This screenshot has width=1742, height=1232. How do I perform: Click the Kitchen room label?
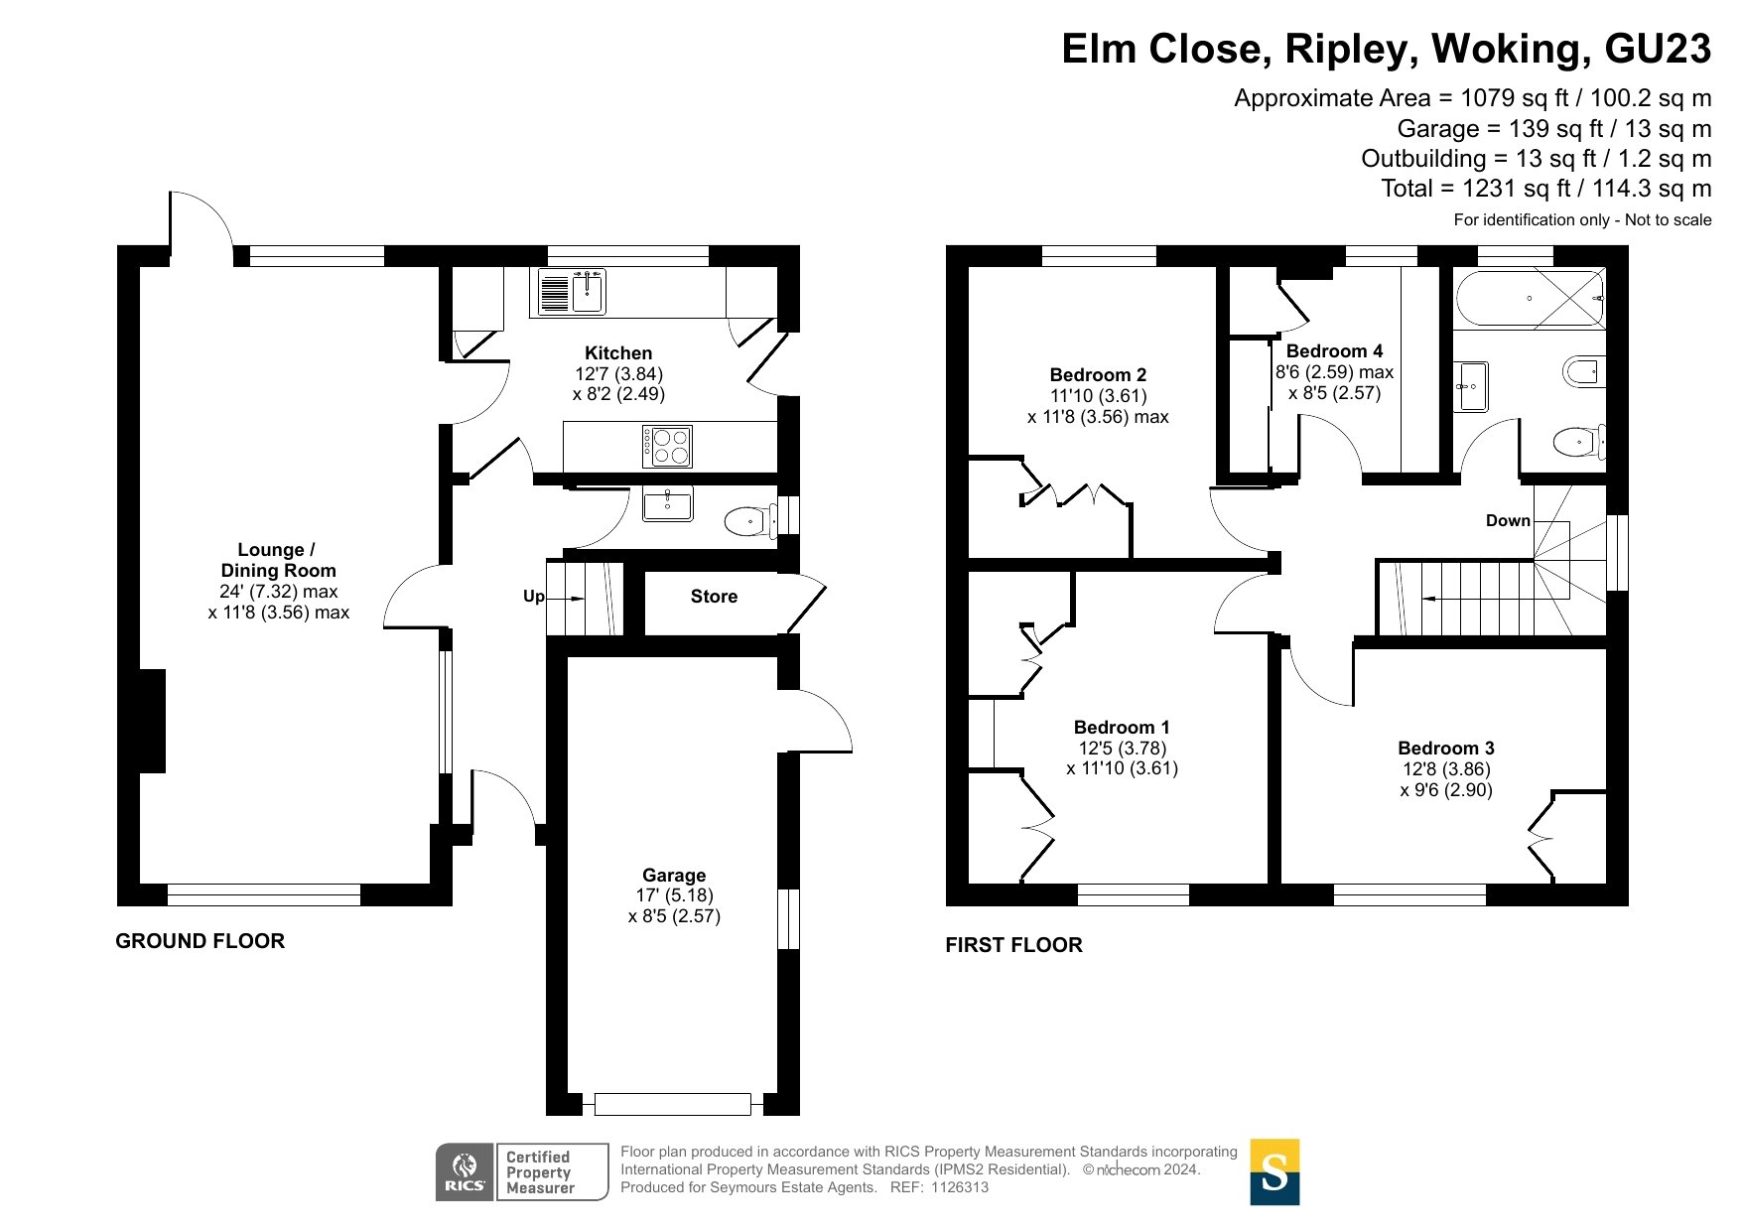pos(618,353)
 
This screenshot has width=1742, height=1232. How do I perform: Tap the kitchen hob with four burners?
pos(667,447)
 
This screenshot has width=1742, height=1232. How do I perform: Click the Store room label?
pos(714,597)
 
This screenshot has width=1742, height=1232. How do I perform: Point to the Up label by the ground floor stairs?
pos(533,597)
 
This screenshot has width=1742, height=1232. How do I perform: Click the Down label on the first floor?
pos(1507,520)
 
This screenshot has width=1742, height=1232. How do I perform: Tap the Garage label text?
pos(674,876)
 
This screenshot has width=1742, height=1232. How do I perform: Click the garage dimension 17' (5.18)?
pos(674,895)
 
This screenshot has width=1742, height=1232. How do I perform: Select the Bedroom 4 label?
pos(1334,351)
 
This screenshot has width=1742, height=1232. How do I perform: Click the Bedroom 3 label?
pos(1445,749)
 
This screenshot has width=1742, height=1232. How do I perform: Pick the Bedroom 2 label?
pos(1098,375)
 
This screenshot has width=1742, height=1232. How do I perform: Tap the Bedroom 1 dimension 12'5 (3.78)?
pos(1122,749)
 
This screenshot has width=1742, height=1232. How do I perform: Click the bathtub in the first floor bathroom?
pos(1529,298)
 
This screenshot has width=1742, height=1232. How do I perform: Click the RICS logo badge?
pos(465,1172)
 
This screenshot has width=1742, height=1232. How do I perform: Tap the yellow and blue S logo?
pos(1274,1172)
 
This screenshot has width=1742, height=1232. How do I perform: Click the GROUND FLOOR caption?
pos(200,941)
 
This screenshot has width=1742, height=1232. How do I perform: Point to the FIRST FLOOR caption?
pos(1013,945)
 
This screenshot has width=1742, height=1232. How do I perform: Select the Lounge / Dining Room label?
pos(278,560)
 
